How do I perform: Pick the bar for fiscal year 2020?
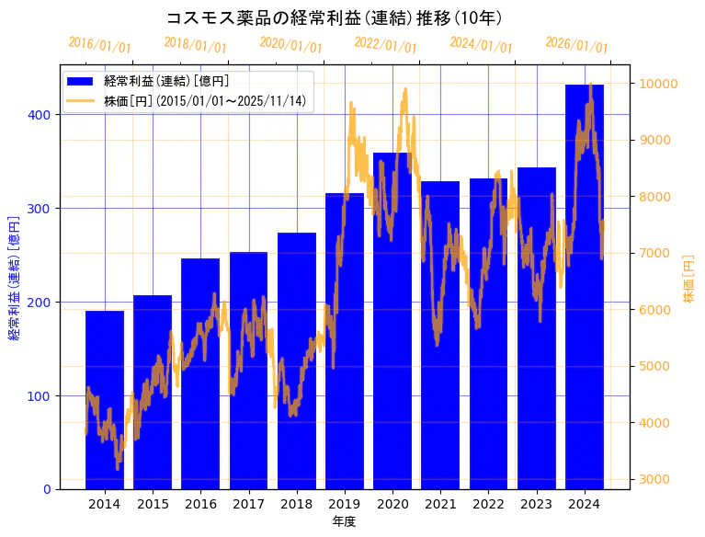click(x=392, y=321)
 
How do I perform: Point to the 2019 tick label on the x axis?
click(x=345, y=504)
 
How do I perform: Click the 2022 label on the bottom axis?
click(x=488, y=504)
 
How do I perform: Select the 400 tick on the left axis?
click(x=43, y=115)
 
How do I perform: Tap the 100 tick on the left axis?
click(x=43, y=396)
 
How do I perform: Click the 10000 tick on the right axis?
click(x=659, y=84)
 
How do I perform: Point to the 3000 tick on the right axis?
click(x=655, y=479)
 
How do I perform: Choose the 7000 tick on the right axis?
click(x=655, y=253)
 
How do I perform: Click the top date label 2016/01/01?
click(x=100, y=45)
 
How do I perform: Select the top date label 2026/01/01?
click(x=576, y=45)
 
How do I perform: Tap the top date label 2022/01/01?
click(x=385, y=45)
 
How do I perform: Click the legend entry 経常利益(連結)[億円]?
click(x=166, y=82)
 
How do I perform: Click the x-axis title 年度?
click(x=344, y=521)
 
